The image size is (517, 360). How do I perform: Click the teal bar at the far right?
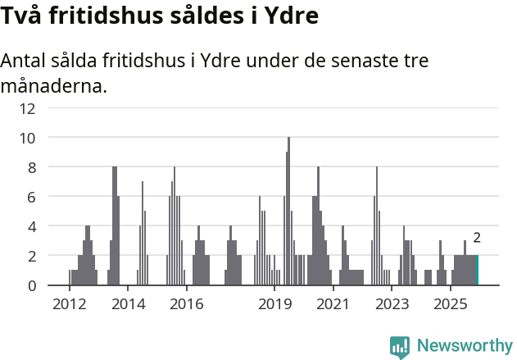[x=478, y=271]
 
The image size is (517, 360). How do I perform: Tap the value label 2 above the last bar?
[x=477, y=239]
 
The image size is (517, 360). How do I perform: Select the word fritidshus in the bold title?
[x=98, y=16]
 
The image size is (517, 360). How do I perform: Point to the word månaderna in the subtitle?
[x=54, y=85]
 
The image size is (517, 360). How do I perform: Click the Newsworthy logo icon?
[x=400, y=347]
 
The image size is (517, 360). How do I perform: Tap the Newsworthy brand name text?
[x=465, y=346]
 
